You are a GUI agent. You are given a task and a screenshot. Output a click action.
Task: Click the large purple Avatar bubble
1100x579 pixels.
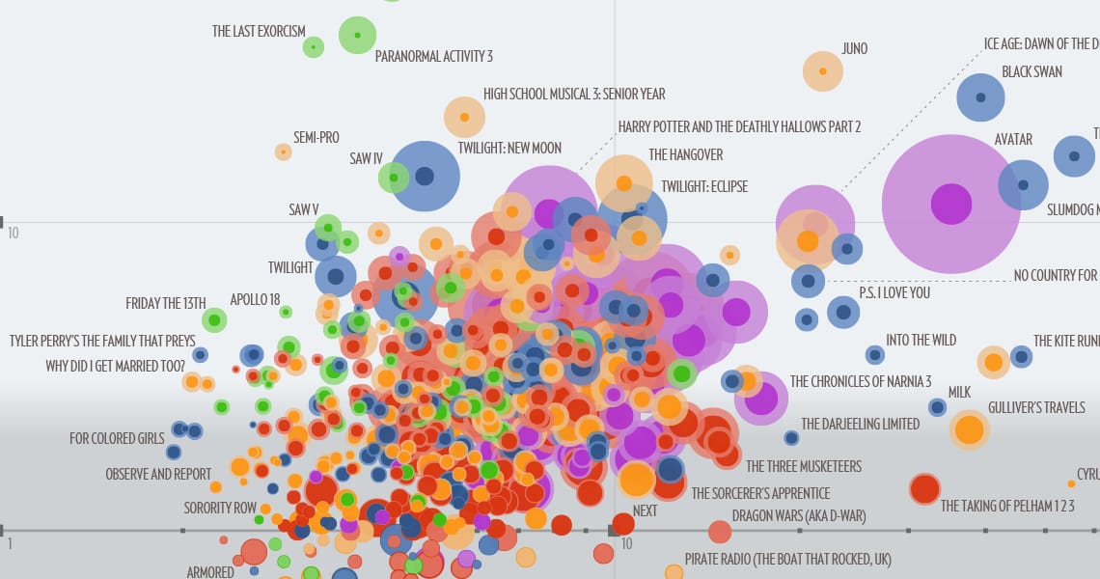pos(951,204)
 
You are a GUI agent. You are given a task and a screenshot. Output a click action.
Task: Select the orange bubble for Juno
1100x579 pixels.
pos(823,71)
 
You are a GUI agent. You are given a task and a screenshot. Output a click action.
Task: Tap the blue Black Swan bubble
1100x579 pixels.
pos(980,97)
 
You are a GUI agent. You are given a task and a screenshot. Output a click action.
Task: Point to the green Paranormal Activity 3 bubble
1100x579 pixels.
pos(357,36)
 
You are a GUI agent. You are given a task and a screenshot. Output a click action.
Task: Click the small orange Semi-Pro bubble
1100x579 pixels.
pos(283,152)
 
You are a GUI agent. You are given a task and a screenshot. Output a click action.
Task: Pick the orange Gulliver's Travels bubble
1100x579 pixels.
pos(969,429)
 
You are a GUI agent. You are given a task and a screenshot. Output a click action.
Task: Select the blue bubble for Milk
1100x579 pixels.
pos(937,407)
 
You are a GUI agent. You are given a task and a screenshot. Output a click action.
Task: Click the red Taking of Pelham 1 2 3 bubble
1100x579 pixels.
pos(924,489)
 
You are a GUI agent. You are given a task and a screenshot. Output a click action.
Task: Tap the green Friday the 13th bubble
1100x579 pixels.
pos(215,319)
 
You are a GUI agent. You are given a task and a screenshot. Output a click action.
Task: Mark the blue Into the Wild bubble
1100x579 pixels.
pos(874,355)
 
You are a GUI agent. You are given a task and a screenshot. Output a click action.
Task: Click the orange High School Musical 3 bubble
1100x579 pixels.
pos(464,117)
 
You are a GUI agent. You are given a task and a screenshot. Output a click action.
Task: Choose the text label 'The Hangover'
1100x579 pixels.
pos(685,154)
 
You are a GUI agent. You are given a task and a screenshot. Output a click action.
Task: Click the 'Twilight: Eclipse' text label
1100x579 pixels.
pos(704,186)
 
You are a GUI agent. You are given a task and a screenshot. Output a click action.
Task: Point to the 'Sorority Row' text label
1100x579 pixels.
pos(220,508)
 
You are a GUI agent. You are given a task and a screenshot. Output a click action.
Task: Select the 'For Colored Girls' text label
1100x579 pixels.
pos(117,438)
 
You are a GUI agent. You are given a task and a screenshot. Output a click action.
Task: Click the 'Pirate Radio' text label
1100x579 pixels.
pos(787,559)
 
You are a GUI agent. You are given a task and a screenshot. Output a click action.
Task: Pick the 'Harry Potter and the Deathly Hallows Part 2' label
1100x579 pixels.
pos(739,126)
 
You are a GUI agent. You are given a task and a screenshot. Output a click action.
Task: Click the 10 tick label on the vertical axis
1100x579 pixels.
pos(14,234)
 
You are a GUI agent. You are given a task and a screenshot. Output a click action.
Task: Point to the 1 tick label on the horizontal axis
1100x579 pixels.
pos(10,544)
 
